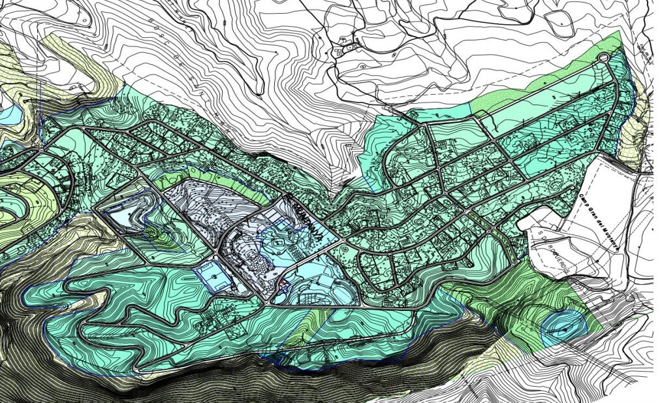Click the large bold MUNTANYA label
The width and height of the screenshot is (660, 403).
pyautogui.click(x=305, y=222)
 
